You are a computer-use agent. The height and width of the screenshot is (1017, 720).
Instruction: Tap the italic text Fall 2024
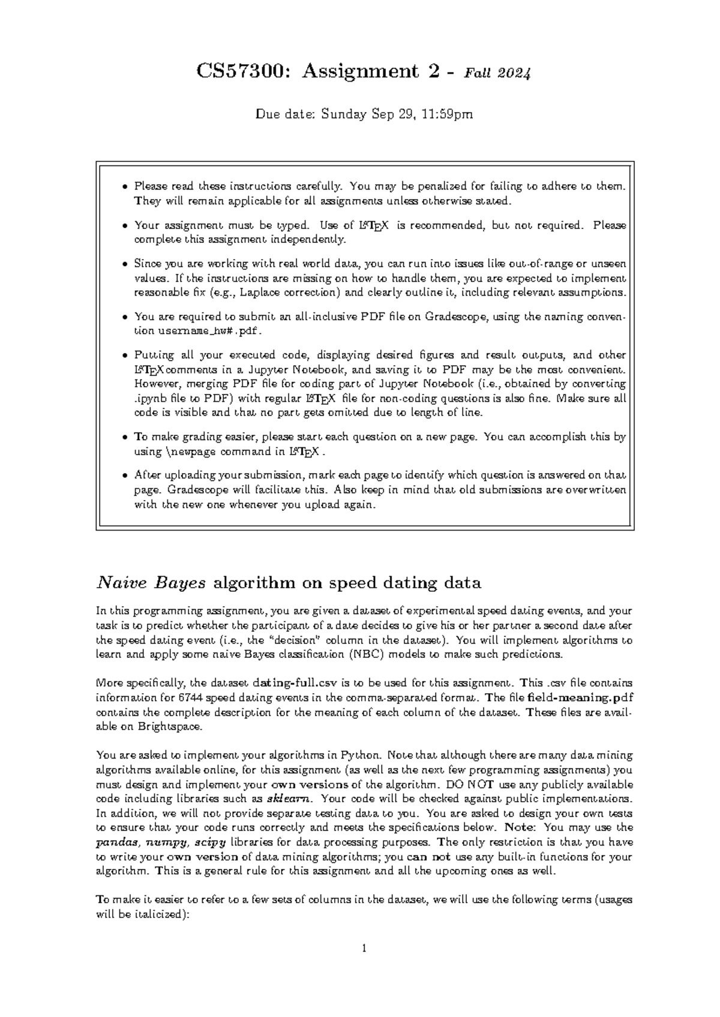click(x=496, y=74)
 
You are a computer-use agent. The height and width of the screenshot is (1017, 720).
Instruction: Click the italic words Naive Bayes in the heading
click(x=152, y=582)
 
